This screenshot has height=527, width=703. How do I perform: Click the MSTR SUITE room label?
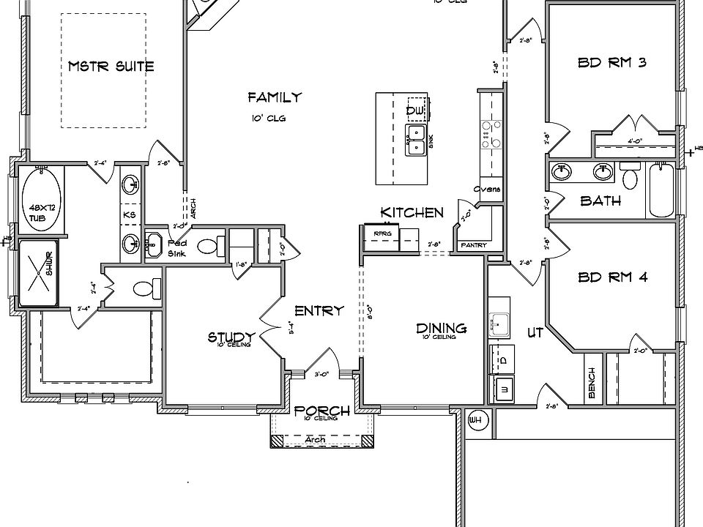pyautogui.click(x=111, y=66)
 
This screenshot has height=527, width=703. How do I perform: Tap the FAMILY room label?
pyautogui.click(x=275, y=97)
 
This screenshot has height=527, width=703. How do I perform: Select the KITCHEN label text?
pyautogui.click(x=412, y=212)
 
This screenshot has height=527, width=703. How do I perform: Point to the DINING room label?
pyautogui.click(x=442, y=329)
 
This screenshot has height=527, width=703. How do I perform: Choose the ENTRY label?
pyautogui.click(x=319, y=310)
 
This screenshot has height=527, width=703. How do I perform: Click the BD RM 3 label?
pyautogui.click(x=612, y=63)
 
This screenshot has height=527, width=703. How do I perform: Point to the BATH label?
pyautogui.click(x=600, y=201)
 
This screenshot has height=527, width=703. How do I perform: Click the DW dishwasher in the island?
pyautogui.click(x=416, y=109)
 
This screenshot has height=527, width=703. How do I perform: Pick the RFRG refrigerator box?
pyautogui.click(x=383, y=235)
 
